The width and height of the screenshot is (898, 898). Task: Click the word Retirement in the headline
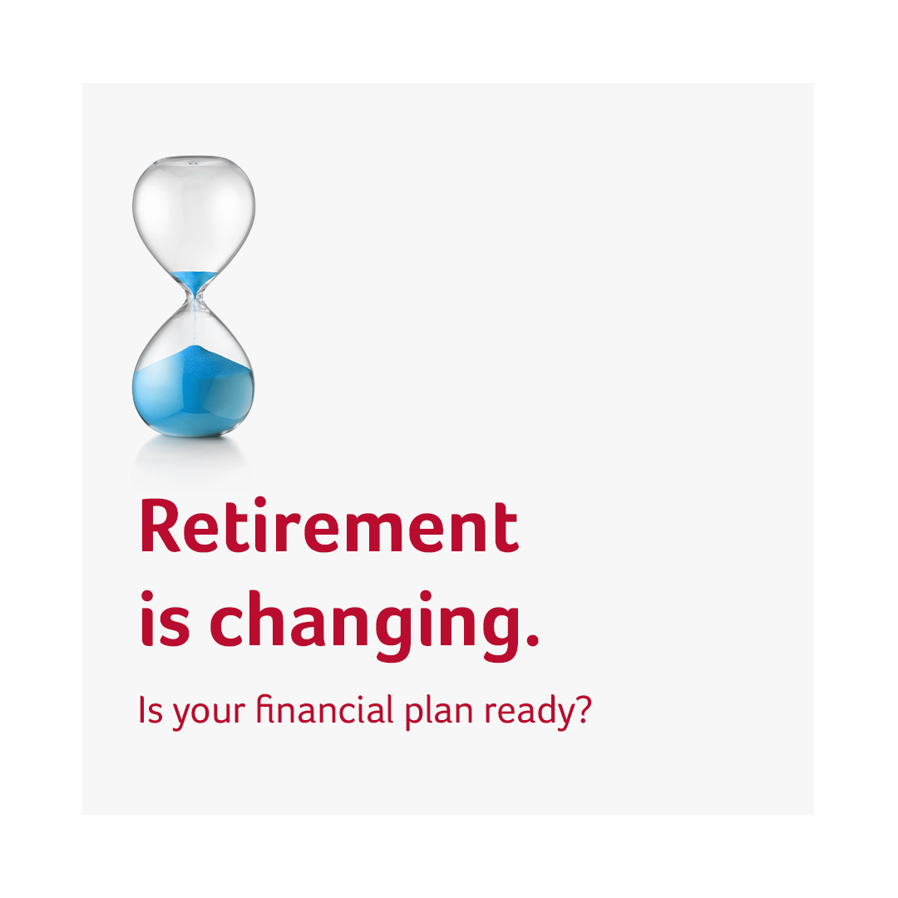(328, 527)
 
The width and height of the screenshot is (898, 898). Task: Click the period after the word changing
(533, 639)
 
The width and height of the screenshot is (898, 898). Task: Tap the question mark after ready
(582, 711)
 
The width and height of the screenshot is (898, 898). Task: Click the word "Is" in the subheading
(150, 711)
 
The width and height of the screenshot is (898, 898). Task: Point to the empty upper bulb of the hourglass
(194, 208)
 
